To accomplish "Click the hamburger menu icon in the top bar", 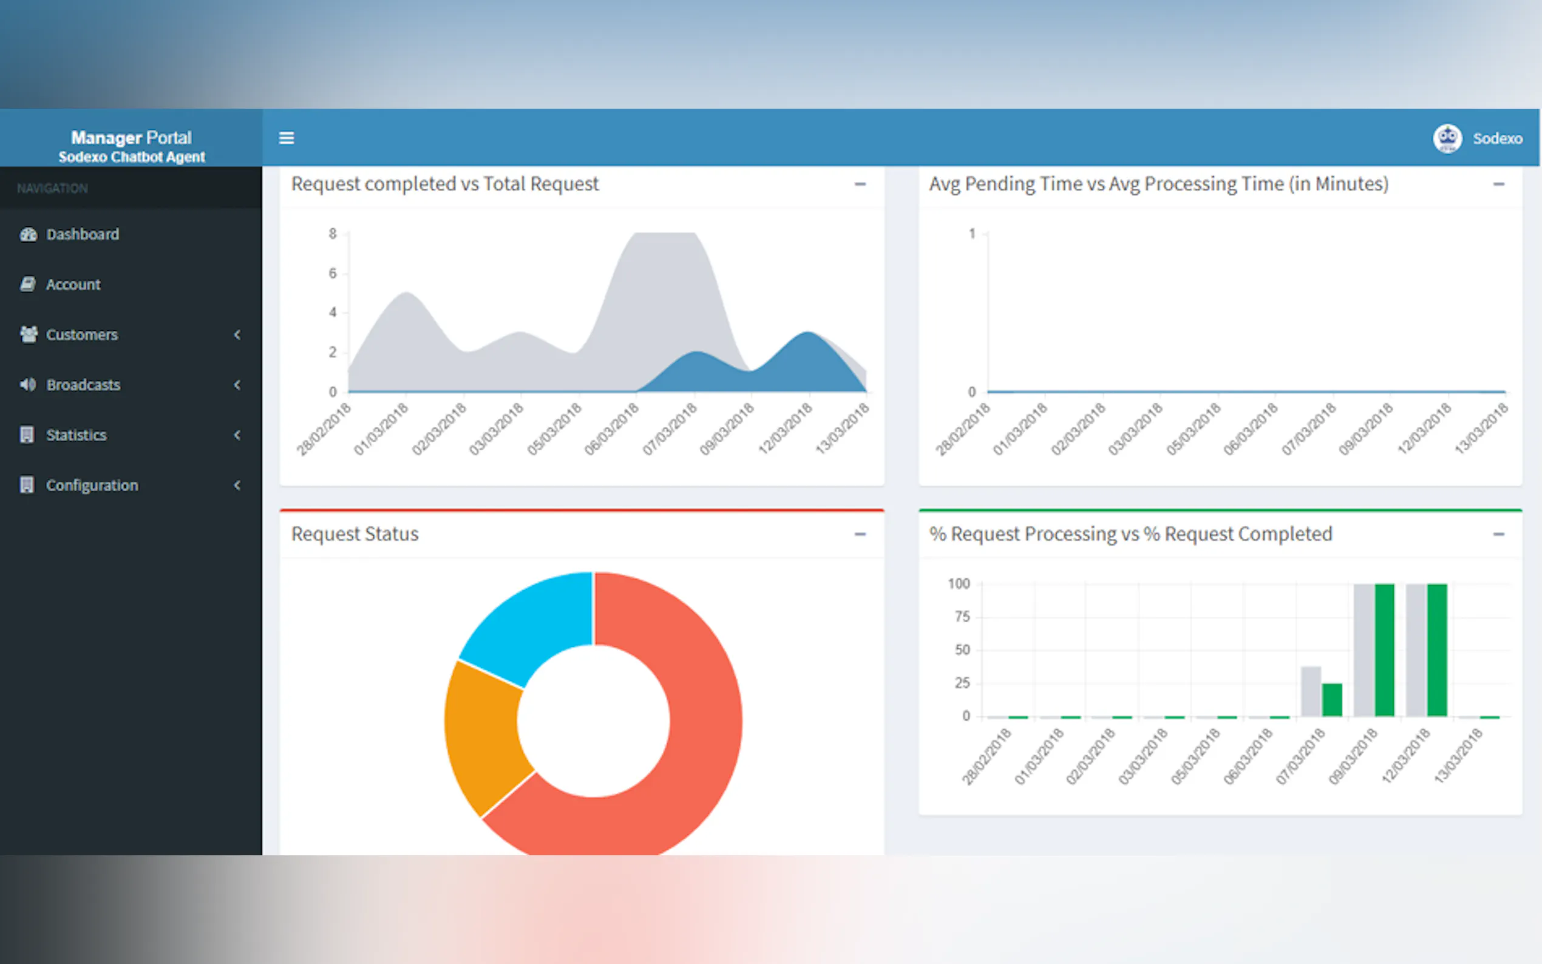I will [x=286, y=138].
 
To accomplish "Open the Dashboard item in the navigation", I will [x=82, y=234].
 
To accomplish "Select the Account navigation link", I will [x=73, y=284].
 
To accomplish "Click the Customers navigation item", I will [x=81, y=334].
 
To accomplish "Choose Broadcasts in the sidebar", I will [x=83, y=385].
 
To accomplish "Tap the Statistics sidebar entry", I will [x=76, y=435].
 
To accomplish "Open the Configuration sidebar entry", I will [x=92, y=486].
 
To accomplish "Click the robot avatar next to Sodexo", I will [x=1447, y=138].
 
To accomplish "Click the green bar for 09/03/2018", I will [x=1385, y=650].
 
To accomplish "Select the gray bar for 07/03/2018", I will [x=1311, y=692].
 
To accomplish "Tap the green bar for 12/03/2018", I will [x=1437, y=650].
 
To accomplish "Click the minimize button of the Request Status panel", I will [x=860, y=534].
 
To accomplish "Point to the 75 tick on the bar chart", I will [x=962, y=617].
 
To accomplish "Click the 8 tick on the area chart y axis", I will [x=332, y=234].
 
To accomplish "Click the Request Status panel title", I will [x=355, y=534].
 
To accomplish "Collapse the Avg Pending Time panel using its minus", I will [x=1499, y=185].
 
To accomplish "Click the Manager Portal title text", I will [x=131, y=138].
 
